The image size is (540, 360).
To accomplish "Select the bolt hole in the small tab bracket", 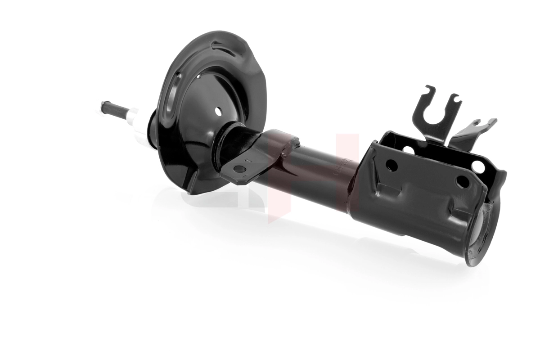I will [x=240, y=169].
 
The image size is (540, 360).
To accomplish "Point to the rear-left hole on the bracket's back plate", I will [x=408, y=150].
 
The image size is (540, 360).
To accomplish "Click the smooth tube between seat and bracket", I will [x=315, y=175].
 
